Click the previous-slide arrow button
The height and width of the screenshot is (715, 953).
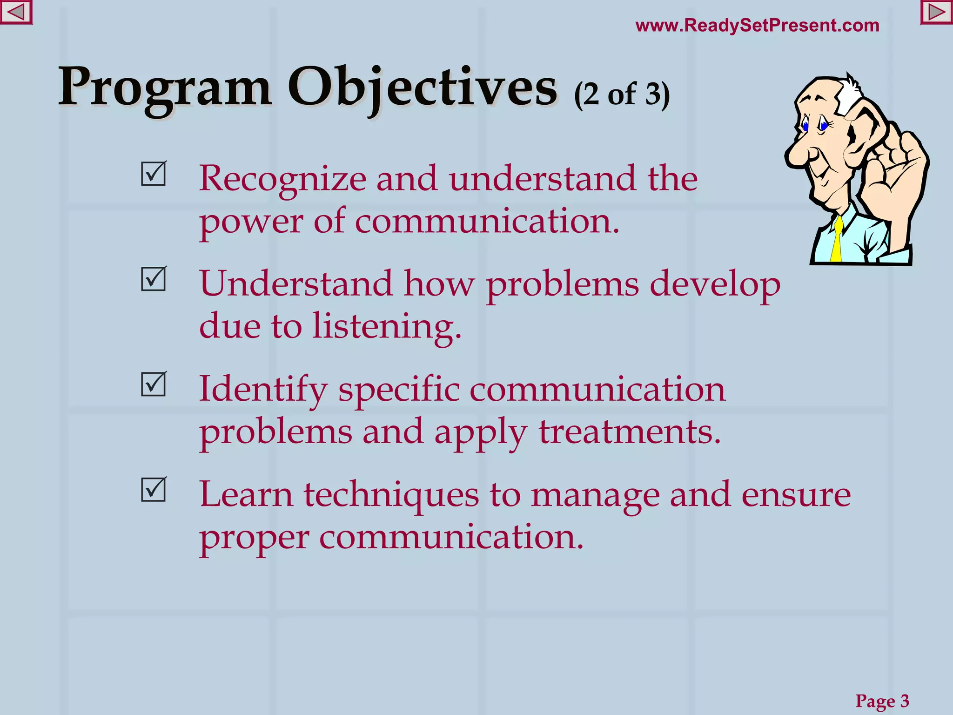(x=16, y=12)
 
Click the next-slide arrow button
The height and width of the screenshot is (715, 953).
(x=937, y=12)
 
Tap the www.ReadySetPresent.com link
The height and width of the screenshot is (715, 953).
(x=757, y=25)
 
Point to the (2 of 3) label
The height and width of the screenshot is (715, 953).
(x=622, y=94)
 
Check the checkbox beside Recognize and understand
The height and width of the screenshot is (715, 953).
(x=153, y=174)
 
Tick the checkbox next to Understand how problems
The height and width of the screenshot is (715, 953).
(x=153, y=279)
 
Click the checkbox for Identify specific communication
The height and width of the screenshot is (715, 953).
(x=153, y=384)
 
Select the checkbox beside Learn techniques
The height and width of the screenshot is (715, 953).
(x=153, y=490)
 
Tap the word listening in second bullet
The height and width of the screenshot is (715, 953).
(x=386, y=326)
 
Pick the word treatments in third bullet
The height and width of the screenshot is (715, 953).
(x=629, y=431)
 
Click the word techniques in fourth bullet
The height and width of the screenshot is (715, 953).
(x=391, y=495)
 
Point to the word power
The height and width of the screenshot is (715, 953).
(x=251, y=223)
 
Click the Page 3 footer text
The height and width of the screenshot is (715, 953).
(x=882, y=701)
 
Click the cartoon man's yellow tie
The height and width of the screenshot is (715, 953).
(x=836, y=242)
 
